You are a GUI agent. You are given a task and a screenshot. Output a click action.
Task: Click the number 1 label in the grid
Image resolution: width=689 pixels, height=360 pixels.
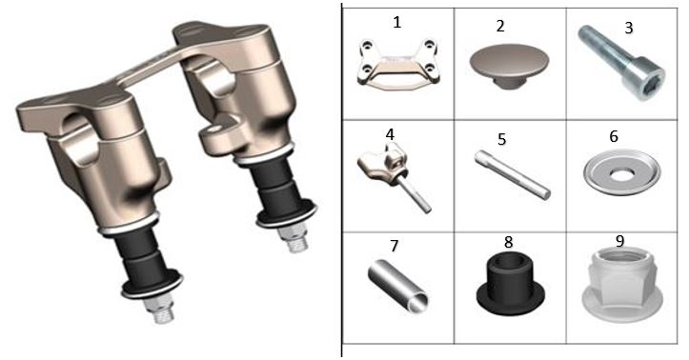pos(396,22)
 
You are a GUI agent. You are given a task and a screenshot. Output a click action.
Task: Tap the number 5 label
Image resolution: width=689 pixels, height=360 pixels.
pos(502,139)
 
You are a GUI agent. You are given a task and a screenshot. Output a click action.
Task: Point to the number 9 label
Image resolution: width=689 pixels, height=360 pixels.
pos(619,241)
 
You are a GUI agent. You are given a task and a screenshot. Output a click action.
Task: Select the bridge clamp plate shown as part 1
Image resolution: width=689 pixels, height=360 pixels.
pos(398,63)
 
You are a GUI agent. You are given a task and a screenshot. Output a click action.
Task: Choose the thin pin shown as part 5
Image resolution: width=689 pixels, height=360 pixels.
pos(513,174)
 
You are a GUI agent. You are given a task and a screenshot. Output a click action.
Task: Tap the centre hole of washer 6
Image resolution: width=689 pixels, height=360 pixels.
pos(620,175)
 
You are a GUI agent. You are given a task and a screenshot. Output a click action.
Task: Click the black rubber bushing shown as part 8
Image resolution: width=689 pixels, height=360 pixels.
pos(511,283)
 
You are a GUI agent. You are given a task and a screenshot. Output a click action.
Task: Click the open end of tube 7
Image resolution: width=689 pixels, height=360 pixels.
pos(420,303)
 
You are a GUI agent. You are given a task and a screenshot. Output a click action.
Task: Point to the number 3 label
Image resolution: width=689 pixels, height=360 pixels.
pos(629,28)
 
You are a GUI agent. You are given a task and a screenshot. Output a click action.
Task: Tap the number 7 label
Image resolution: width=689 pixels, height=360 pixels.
pos(395,246)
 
